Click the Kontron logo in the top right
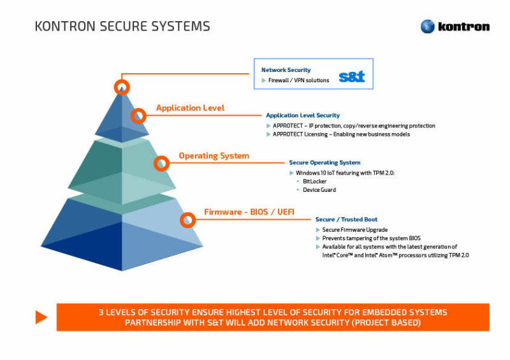(x=455, y=26)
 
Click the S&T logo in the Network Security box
(x=351, y=77)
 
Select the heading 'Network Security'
(x=286, y=69)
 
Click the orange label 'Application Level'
(x=190, y=108)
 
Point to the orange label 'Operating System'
(x=214, y=155)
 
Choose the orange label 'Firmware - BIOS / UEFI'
(x=249, y=212)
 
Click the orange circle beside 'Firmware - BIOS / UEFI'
(x=187, y=220)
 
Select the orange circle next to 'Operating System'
(x=162, y=164)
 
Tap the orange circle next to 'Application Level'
(x=138, y=116)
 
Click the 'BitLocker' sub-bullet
(x=314, y=182)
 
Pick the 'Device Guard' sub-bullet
(x=319, y=190)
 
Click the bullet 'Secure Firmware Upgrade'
(x=354, y=230)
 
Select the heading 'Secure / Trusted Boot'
(x=346, y=219)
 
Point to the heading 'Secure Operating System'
(x=324, y=162)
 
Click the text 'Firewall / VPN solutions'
(x=298, y=80)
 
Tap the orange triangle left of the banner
(x=41, y=317)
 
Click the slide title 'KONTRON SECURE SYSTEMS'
(x=122, y=26)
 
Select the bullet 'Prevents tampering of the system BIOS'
(x=371, y=238)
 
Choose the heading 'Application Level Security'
(x=303, y=115)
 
